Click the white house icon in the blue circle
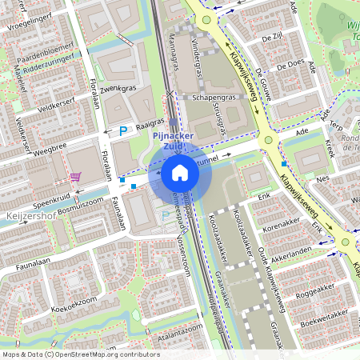(x=180, y=172)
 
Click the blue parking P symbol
(x=123, y=130)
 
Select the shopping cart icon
(x=75, y=177)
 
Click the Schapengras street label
(x=206, y=96)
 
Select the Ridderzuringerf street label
(x=50, y=59)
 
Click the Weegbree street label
(x=50, y=148)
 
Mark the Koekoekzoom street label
(x=70, y=307)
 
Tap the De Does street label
(x=289, y=62)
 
